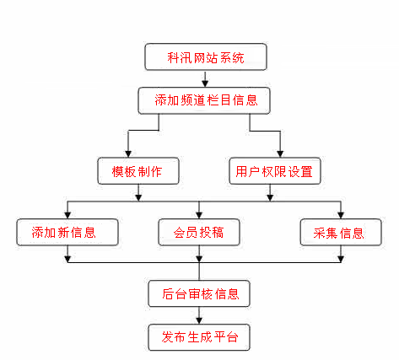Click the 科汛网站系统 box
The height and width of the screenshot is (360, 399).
tap(206, 59)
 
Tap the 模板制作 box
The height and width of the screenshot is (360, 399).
tap(137, 172)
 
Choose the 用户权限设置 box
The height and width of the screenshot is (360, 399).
tap(271, 172)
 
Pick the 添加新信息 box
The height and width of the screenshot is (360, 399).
tap(67, 232)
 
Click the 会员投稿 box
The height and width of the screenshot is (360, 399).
tap(199, 232)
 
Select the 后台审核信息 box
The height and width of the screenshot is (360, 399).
tap(199, 294)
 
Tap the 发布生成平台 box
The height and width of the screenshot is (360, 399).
tap(199, 336)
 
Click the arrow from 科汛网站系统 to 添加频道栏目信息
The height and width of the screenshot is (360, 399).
tap(206, 79)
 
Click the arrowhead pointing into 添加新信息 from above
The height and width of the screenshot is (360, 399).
tap(67, 214)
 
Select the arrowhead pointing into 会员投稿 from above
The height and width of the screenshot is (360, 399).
tap(199, 214)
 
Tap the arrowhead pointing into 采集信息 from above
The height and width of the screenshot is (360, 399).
tap(341, 214)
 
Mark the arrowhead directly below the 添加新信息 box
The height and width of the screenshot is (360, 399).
tap(67, 258)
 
